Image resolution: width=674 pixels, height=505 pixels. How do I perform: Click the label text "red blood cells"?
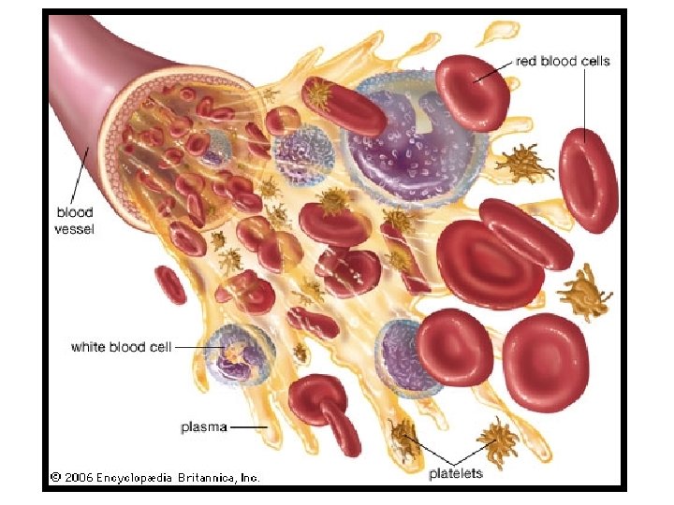coord(563,62)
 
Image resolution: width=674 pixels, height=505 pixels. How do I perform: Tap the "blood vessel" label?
coord(74,221)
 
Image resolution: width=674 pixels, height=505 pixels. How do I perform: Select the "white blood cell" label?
coord(122,347)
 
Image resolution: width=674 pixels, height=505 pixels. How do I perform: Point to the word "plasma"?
coord(203,427)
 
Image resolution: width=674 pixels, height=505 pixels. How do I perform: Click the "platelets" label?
coord(456,473)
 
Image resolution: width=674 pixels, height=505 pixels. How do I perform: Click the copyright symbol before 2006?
coord(56,477)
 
